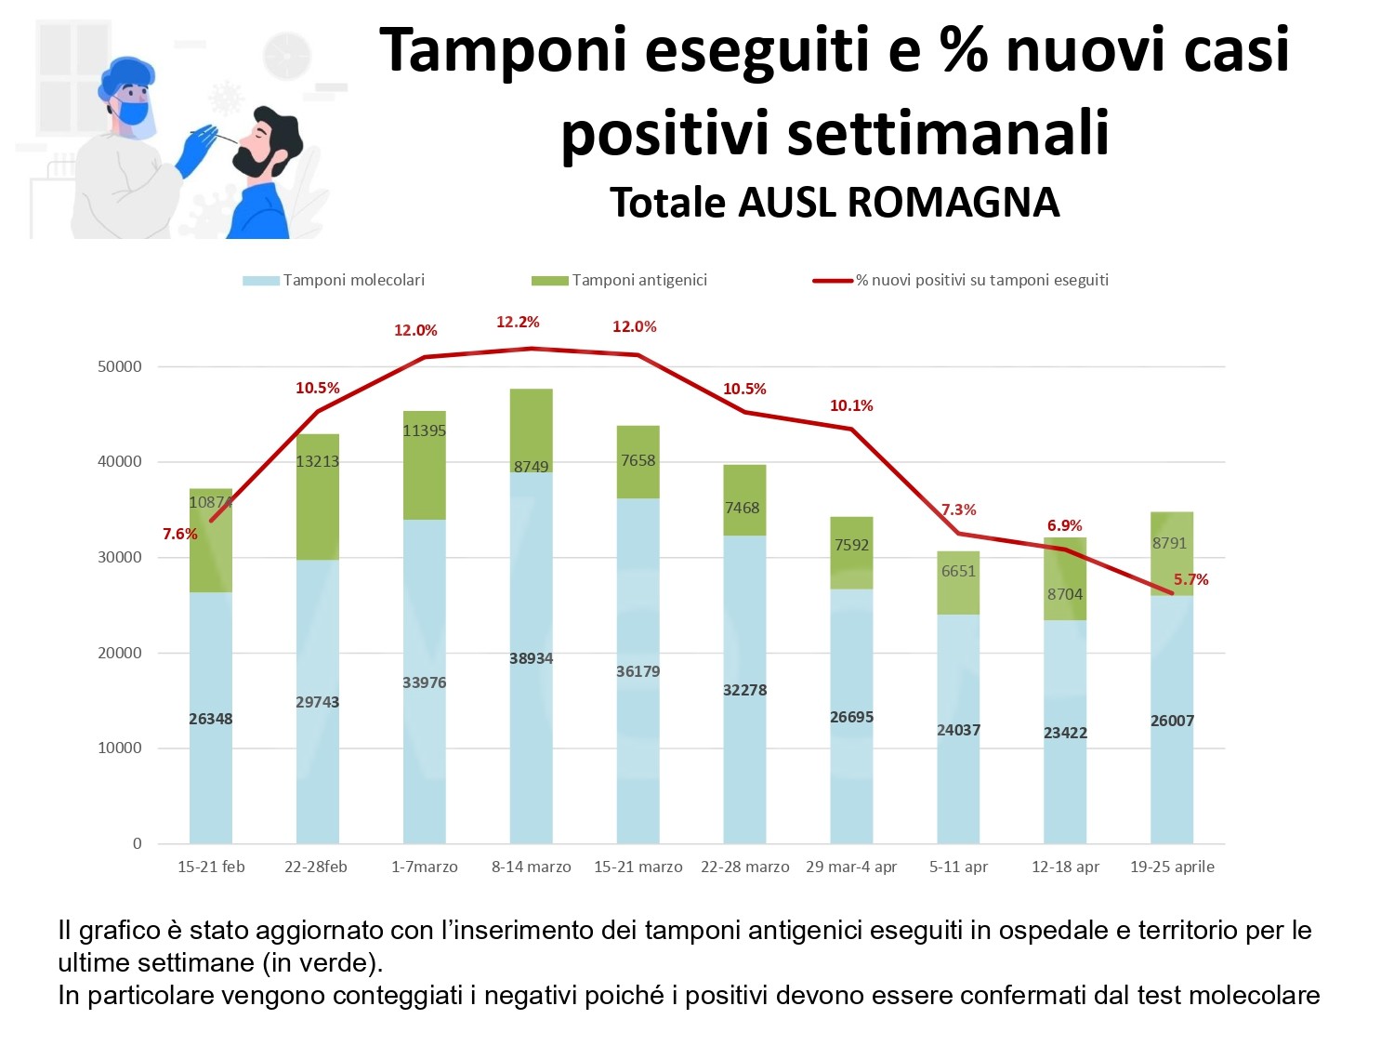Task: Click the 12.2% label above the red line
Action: click(518, 323)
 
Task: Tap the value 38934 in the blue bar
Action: click(532, 658)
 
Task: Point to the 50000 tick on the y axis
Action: click(120, 366)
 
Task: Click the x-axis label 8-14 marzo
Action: click(532, 867)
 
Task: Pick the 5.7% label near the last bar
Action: click(1190, 579)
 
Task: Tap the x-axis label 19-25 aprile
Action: click(1172, 867)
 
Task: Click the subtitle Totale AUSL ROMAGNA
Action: click(835, 202)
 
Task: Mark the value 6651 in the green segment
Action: click(958, 571)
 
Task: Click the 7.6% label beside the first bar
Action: click(180, 534)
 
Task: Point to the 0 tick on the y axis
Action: click(138, 843)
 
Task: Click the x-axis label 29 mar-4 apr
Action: click(851, 867)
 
